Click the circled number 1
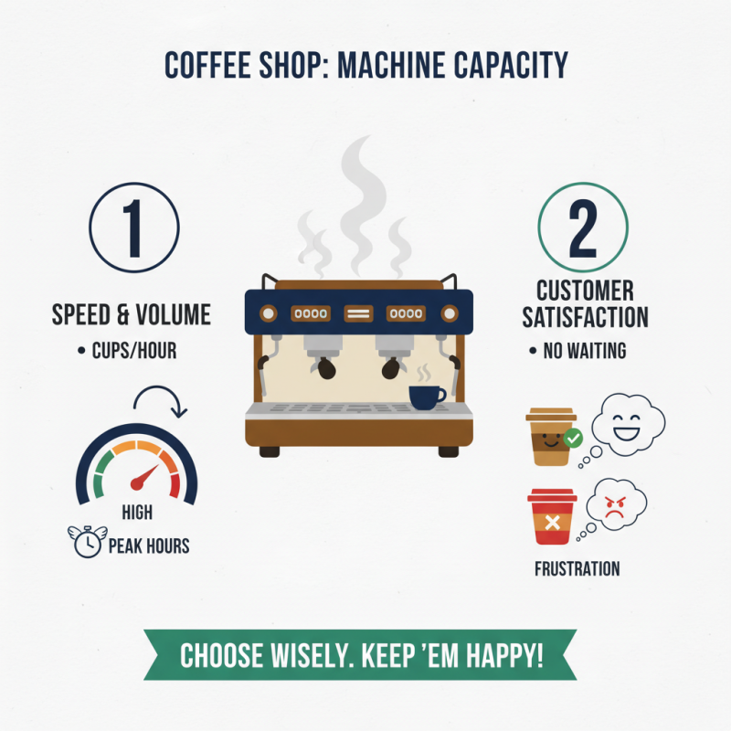[x=133, y=228]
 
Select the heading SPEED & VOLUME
[x=132, y=315]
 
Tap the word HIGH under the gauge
[x=137, y=514]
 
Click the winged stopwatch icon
[x=87, y=543]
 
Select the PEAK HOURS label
[x=149, y=546]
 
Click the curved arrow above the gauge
[x=160, y=399]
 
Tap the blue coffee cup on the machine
[x=426, y=396]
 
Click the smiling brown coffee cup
[x=550, y=437]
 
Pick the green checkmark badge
[x=573, y=439]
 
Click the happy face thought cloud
[x=629, y=423]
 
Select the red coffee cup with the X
[x=552, y=518]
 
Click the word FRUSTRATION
[x=577, y=568]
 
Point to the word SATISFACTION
[x=585, y=317]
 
